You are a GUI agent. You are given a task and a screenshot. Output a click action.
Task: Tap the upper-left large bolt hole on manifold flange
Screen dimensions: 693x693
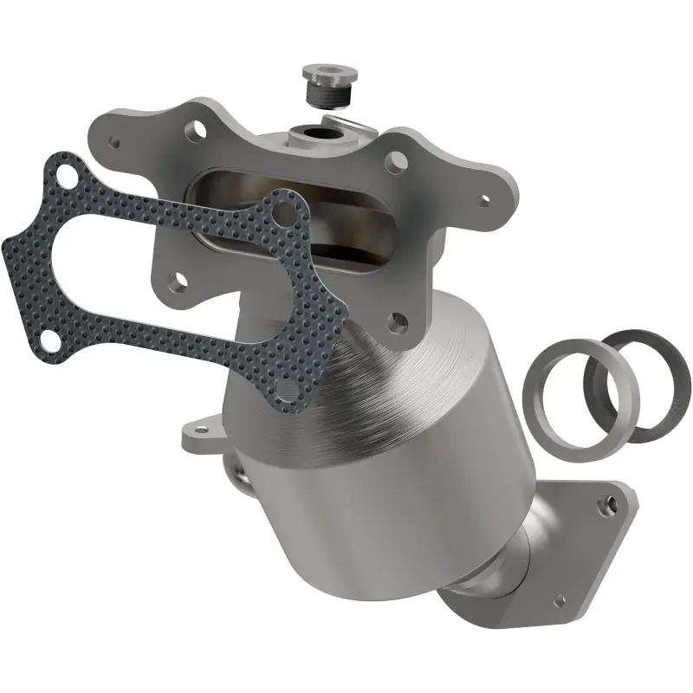point(199,131)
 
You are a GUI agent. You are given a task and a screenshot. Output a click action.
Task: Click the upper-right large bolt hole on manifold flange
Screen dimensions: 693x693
point(396,161)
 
